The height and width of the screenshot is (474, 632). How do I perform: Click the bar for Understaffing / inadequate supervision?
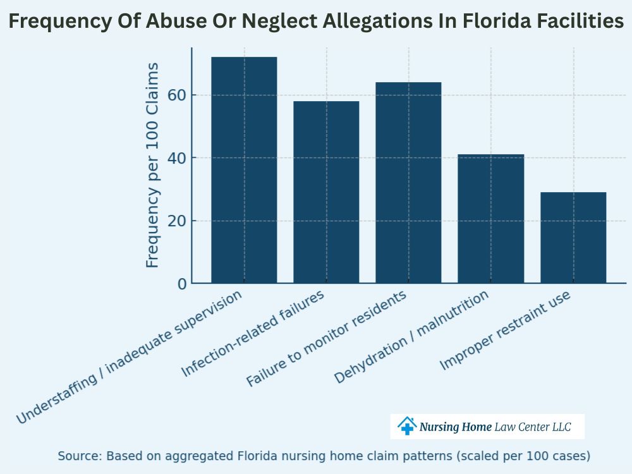click(244, 171)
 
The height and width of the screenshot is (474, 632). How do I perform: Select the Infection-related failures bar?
click(326, 192)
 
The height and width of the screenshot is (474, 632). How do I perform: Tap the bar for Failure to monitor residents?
click(408, 183)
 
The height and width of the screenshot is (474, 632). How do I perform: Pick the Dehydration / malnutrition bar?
click(490, 219)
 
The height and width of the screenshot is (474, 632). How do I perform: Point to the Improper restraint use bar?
click(573, 238)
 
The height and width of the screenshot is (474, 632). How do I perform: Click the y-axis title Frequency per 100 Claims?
click(152, 165)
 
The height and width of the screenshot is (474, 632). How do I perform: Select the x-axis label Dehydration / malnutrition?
click(411, 337)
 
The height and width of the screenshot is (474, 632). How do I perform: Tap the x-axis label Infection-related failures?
click(253, 334)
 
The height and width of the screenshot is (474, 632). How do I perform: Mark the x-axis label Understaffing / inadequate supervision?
click(129, 358)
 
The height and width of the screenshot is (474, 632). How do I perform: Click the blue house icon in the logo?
click(407, 426)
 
